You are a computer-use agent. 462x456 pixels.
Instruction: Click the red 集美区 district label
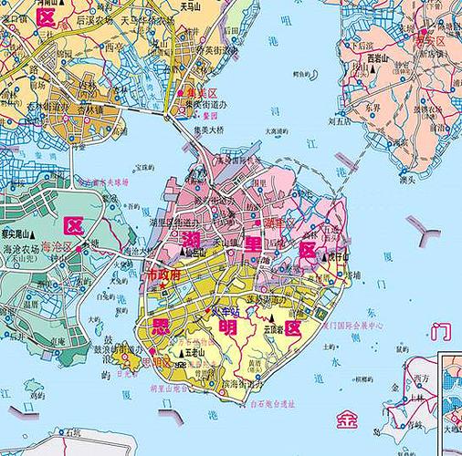[x=201, y=93]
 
